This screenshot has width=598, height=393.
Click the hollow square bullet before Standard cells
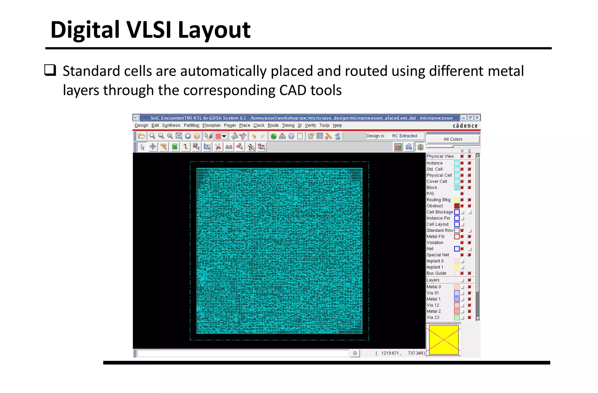[x=50, y=70]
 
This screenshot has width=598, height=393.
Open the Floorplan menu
[x=211, y=125]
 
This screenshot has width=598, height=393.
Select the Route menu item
[x=273, y=125]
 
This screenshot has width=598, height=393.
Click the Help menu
[x=337, y=125]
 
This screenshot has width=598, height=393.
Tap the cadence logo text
[x=465, y=126]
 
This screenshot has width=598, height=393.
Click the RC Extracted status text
[x=404, y=136]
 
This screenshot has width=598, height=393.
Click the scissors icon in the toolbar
[x=218, y=147]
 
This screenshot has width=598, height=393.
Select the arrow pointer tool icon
[x=142, y=147]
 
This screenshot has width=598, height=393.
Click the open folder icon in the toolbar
[x=142, y=136]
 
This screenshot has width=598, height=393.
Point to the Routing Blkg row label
[x=438, y=200]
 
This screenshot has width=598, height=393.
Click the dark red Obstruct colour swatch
[x=457, y=206]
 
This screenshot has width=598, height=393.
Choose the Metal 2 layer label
[x=434, y=311]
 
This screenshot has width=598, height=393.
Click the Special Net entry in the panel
[x=438, y=255]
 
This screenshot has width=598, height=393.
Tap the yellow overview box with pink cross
[x=444, y=340]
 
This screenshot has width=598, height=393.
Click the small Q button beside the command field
[x=355, y=353]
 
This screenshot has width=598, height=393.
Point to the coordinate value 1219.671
[x=390, y=353]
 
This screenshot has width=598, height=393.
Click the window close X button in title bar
[x=477, y=118]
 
